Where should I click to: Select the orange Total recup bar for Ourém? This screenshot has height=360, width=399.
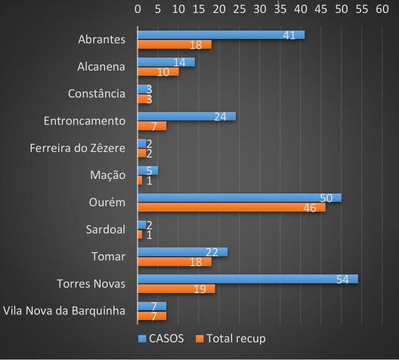(x=231, y=207)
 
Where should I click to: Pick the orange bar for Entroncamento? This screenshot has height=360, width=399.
(x=152, y=126)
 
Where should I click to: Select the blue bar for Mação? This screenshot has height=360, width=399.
(x=148, y=171)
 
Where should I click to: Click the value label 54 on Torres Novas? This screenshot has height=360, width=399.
(x=342, y=279)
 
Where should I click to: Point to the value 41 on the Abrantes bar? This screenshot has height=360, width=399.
(x=289, y=35)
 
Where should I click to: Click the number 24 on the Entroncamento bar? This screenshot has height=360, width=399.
(x=220, y=117)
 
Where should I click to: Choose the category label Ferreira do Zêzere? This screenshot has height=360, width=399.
(x=78, y=148)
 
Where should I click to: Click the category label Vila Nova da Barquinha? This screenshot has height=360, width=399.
(x=64, y=311)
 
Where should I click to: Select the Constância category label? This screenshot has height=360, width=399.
(x=97, y=94)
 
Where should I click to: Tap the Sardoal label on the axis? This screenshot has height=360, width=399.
(x=106, y=229)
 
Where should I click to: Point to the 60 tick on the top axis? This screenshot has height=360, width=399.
(x=382, y=9)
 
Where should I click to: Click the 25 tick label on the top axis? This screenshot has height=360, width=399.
(x=239, y=9)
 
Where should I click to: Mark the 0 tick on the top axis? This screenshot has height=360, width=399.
(x=137, y=9)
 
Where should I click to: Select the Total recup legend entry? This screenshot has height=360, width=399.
(x=231, y=339)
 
